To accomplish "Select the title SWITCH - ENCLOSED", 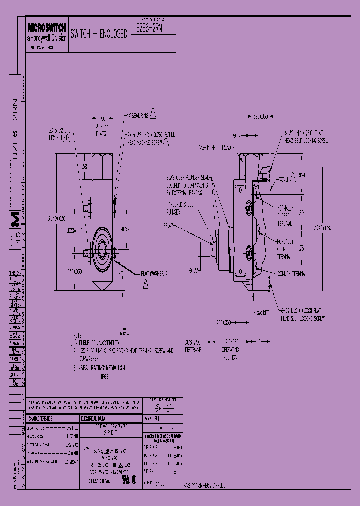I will click(x=99, y=34).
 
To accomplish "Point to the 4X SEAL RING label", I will click(x=138, y=115).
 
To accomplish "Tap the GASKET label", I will click(x=262, y=313).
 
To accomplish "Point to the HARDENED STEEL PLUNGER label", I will click(x=180, y=207).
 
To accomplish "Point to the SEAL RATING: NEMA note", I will click(x=101, y=369).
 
